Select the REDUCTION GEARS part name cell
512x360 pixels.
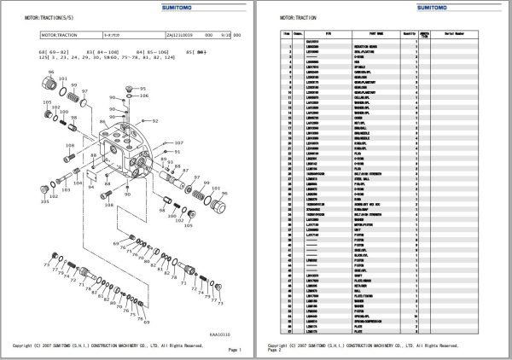369,45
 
